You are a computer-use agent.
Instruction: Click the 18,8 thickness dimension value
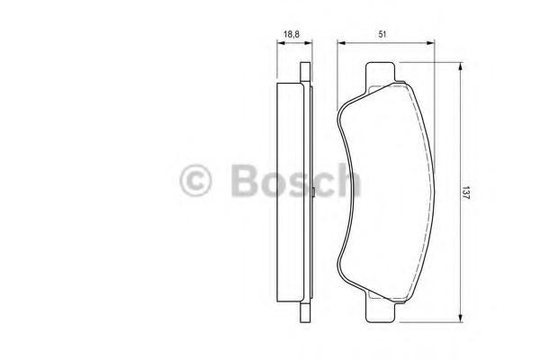(x=292, y=34)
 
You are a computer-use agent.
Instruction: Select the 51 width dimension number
(x=382, y=34)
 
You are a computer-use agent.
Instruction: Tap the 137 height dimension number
(x=465, y=193)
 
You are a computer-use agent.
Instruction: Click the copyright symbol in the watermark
(x=195, y=181)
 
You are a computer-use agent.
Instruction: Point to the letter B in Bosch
(x=245, y=181)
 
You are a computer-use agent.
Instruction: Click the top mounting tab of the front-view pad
(x=380, y=73)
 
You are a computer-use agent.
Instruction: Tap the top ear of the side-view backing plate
(x=305, y=72)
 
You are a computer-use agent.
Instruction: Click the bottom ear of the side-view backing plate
(x=305, y=312)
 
